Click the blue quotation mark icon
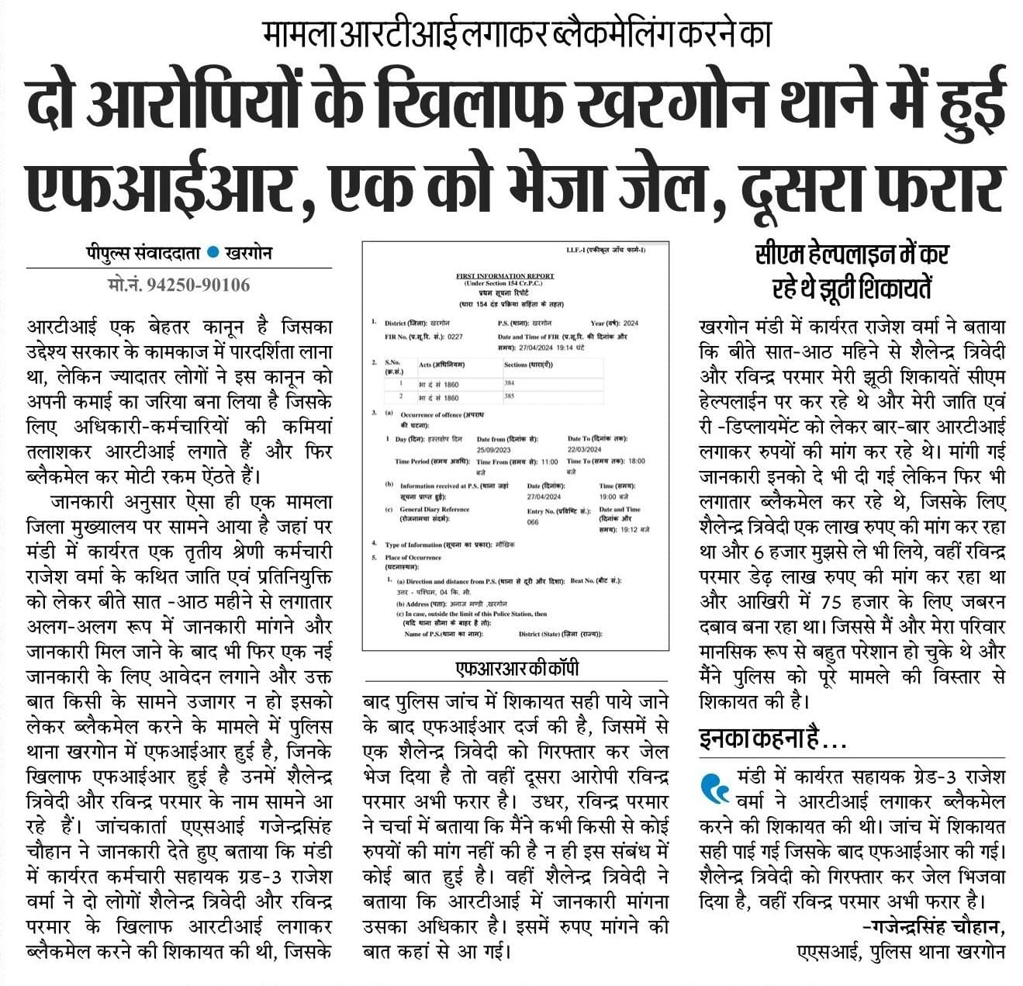click(x=714, y=788)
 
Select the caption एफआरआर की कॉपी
click(x=517, y=669)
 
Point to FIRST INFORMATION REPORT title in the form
click(x=505, y=275)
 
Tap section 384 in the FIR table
click(x=510, y=383)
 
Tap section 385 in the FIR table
click(x=510, y=396)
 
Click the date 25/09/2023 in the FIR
click(x=493, y=449)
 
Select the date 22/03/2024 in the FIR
click(x=584, y=449)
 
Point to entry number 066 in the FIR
click(x=533, y=522)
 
